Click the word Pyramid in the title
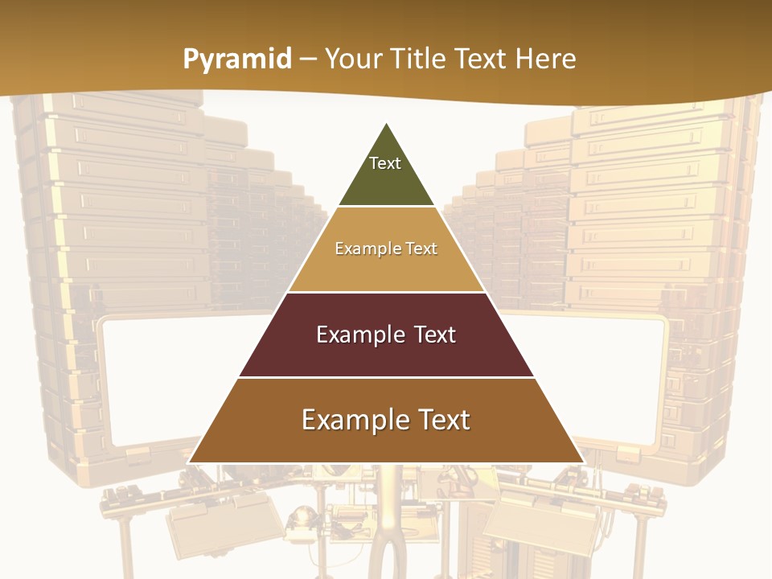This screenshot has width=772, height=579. click(237, 60)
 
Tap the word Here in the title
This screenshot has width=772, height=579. click(546, 59)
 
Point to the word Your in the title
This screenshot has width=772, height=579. click(355, 59)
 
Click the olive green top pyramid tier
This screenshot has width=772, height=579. click(387, 181)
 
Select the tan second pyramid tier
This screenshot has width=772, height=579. click(387, 269)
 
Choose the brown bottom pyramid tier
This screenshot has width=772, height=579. click(387, 442)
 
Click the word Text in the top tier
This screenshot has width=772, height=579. click(385, 163)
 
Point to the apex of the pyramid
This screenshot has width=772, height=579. click(387, 124)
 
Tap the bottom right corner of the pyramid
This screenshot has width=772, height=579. click(583, 462)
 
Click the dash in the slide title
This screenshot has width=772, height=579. click(308, 60)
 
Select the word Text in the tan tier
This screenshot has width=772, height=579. click(421, 248)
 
